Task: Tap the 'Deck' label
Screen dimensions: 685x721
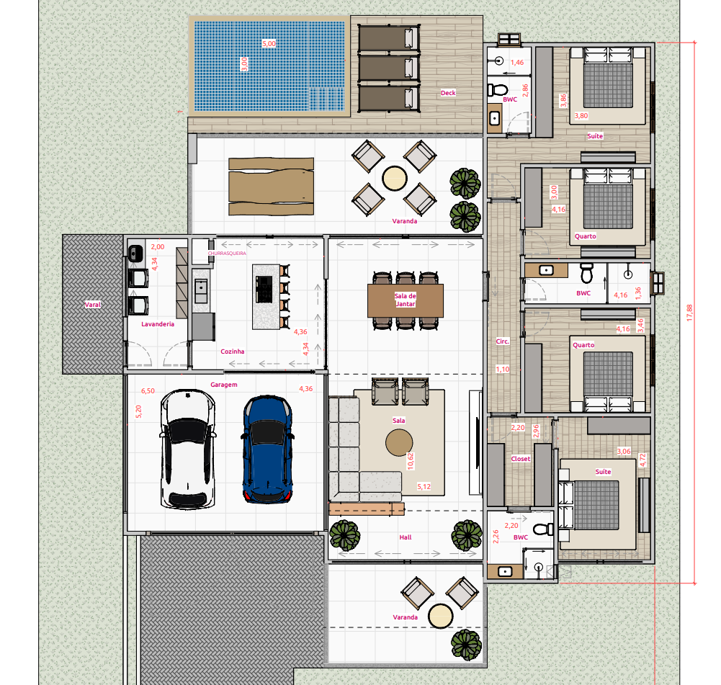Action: [x=448, y=93]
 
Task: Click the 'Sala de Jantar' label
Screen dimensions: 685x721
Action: [x=406, y=300]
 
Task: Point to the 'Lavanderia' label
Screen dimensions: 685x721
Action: [x=158, y=324]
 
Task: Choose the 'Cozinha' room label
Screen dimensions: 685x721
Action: [x=233, y=352]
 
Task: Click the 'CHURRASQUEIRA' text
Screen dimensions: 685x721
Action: [x=227, y=254]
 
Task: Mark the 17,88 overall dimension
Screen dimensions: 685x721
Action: [x=689, y=313]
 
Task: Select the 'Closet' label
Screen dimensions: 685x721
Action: [x=520, y=458]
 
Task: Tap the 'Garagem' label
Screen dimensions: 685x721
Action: [x=224, y=385]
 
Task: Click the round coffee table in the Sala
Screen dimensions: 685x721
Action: [x=399, y=442]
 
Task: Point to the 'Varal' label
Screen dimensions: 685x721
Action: [x=92, y=304]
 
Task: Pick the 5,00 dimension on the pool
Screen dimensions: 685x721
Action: [x=269, y=44]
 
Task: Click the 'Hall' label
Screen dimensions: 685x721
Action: [x=406, y=537]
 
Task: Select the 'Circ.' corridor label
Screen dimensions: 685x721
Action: [x=503, y=341]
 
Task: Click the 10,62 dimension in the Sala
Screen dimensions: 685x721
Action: [x=411, y=461]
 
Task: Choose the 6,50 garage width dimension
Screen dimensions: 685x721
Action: [x=148, y=390]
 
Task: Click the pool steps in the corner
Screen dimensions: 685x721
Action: [x=326, y=99]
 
